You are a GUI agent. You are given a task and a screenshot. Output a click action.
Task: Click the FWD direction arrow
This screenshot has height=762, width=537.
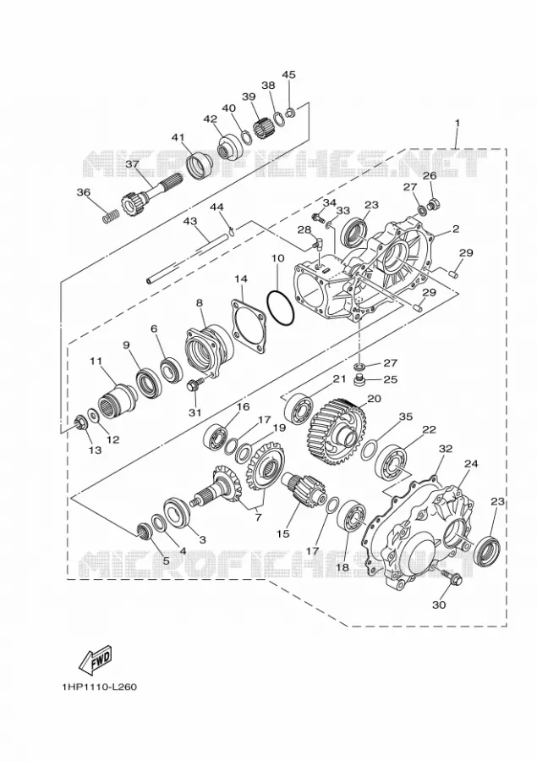pyautogui.click(x=96, y=660)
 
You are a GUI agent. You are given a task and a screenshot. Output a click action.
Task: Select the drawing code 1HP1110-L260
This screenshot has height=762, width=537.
pyautogui.click(x=100, y=687)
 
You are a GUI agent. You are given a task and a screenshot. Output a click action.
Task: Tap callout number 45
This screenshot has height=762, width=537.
pyautogui.click(x=288, y=75)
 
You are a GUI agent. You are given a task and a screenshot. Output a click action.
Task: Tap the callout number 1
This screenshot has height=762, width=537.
pyautogui.click(x=457, y=123)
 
